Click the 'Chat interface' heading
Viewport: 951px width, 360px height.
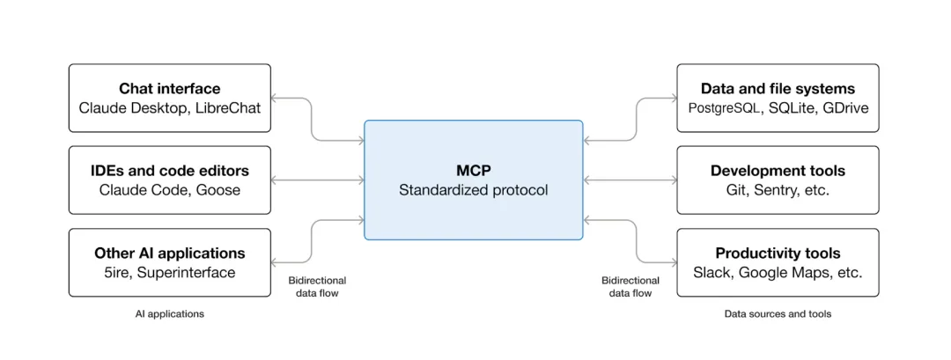tap(170, 89)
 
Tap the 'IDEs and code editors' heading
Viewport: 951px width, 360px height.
tap(170, 171)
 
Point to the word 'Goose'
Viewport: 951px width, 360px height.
tap(220, 189)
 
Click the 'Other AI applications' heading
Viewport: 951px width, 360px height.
tap(170, 253)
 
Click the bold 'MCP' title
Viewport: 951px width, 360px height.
tap(473, 171)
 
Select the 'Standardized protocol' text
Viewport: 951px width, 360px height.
tap(473, 189)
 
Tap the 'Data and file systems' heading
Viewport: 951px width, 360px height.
tap(778, 89)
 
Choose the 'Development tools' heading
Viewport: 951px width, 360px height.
tap(778, 171)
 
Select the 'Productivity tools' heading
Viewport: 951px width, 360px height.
tap(778, 253)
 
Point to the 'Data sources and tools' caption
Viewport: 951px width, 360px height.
tap(778, 313)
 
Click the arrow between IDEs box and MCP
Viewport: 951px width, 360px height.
tap(317, 180)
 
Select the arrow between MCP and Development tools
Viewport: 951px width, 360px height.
tap(630, 180)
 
